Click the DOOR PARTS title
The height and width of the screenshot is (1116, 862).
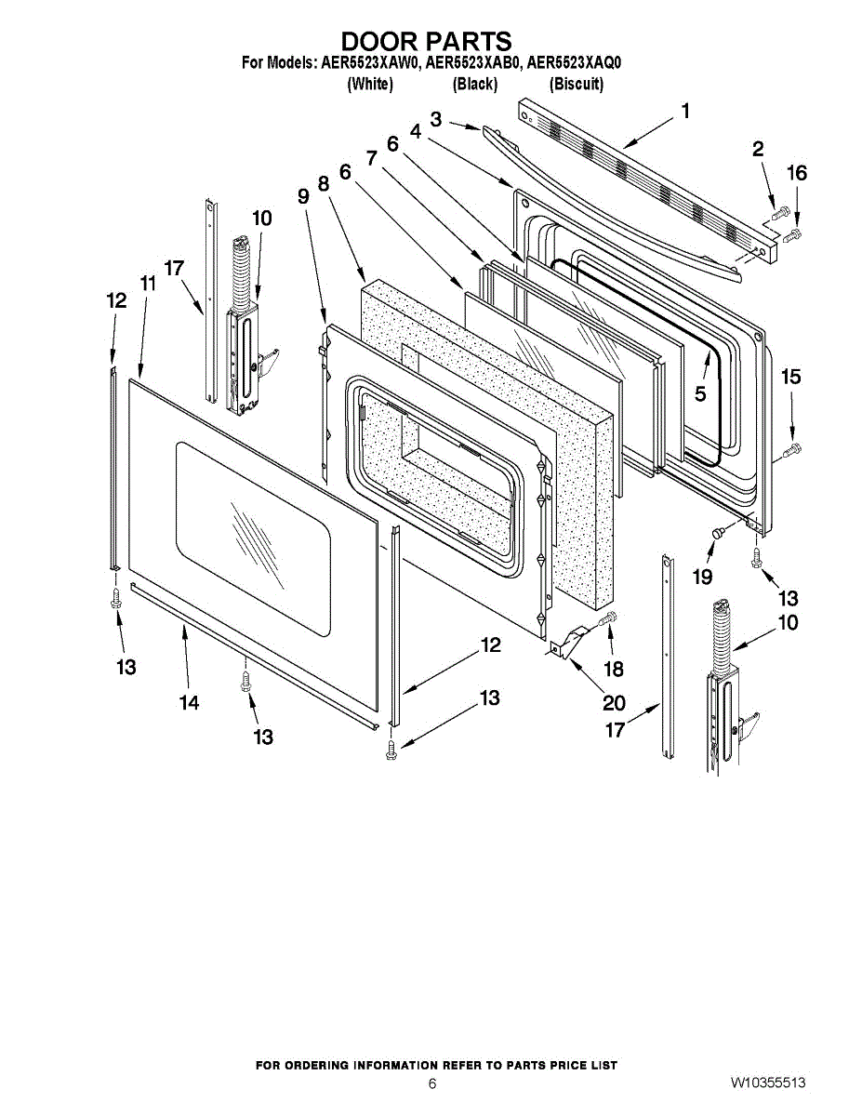427,42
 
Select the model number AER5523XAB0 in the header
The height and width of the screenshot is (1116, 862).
473,63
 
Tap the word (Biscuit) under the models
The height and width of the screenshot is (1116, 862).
577,85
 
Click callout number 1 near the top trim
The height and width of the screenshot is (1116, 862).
685,112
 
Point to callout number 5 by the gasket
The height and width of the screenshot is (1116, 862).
700,393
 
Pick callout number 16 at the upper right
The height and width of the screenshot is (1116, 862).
797,173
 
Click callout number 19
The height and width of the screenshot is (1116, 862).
703,577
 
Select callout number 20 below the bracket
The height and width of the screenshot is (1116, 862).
613,703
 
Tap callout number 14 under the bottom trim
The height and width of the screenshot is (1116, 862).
189,702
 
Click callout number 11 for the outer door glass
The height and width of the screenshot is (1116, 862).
148,284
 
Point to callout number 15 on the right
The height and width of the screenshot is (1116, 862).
790,377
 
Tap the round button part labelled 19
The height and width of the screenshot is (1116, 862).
718,532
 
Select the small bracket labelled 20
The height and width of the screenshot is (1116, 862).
570,641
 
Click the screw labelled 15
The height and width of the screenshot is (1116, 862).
792,451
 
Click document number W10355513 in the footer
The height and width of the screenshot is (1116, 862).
767,1083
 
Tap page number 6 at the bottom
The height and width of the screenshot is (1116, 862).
431,1083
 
